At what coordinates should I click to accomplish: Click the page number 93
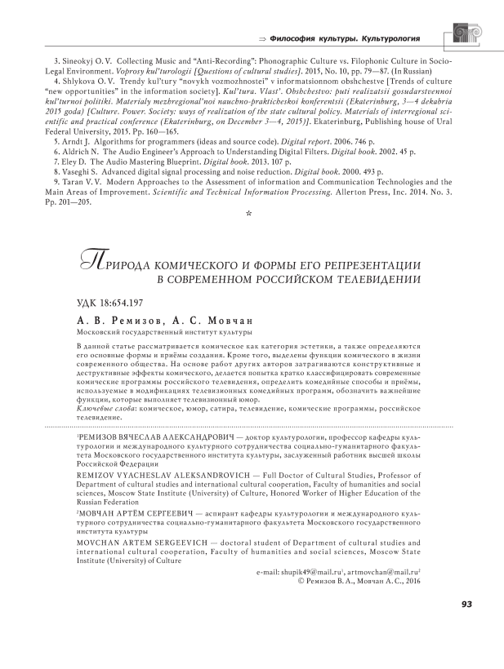tap(466, 605)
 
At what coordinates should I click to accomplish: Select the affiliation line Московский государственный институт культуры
tap(163, 332)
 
